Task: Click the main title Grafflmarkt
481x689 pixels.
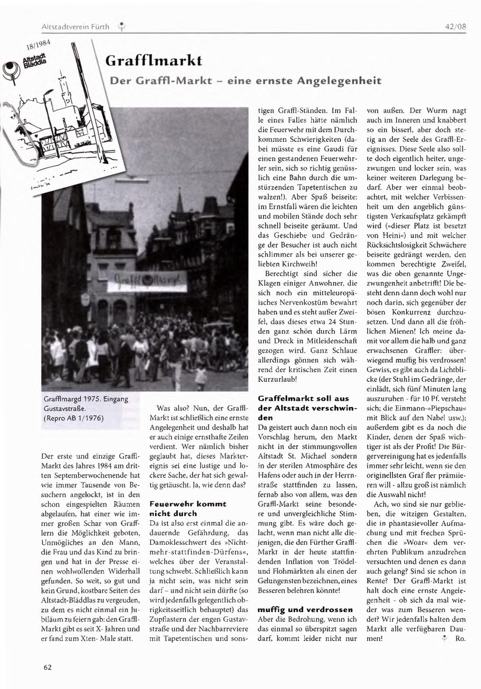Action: click(x=153, y=60)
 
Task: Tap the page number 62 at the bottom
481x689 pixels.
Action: click(x=48, y=667)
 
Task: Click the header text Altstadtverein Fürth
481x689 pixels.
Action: click(x=76, y=26)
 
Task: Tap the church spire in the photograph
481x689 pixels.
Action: click(x=179, y=201)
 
